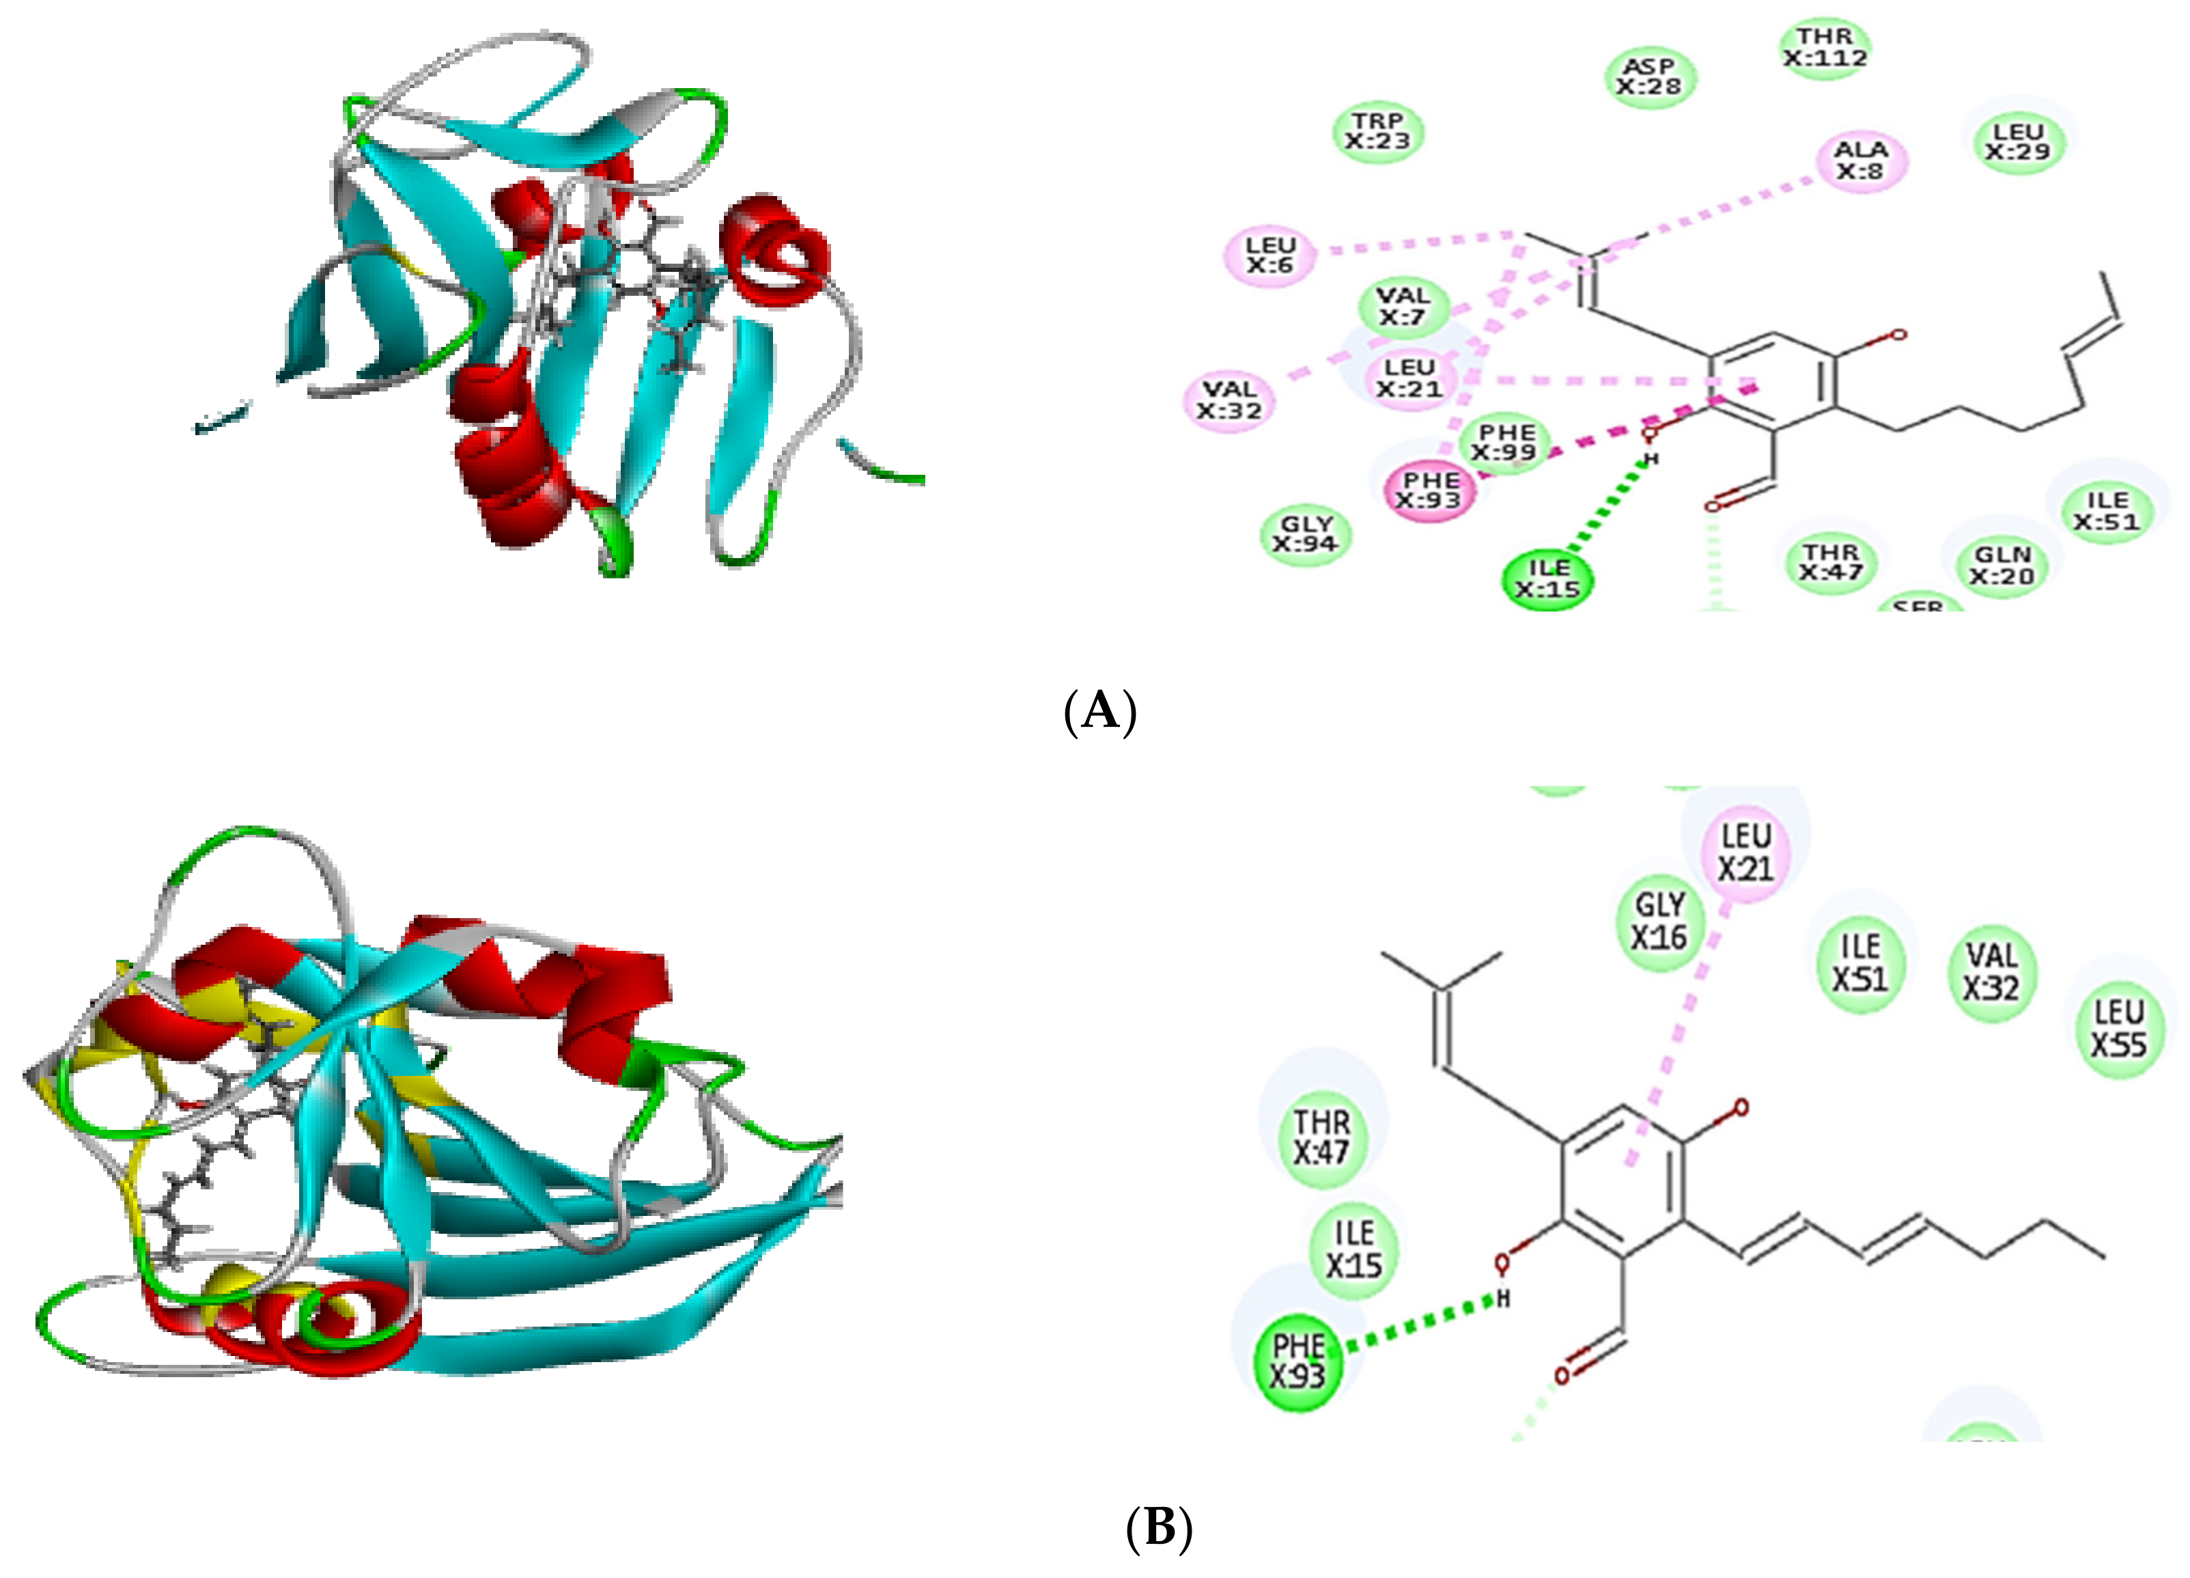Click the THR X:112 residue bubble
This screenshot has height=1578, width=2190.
coord(1824,47)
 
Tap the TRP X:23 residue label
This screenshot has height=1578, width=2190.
coord(1378,131)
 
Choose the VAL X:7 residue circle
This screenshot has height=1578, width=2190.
coord(1403,306)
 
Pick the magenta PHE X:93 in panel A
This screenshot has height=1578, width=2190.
coord(1430,490)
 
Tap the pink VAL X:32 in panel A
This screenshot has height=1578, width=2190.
coord(1229,400)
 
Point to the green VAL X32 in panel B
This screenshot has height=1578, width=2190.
coord(1991,971)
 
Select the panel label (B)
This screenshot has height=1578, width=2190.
coord(1159,1529)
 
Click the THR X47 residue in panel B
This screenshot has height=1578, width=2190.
coord(1321,1137)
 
